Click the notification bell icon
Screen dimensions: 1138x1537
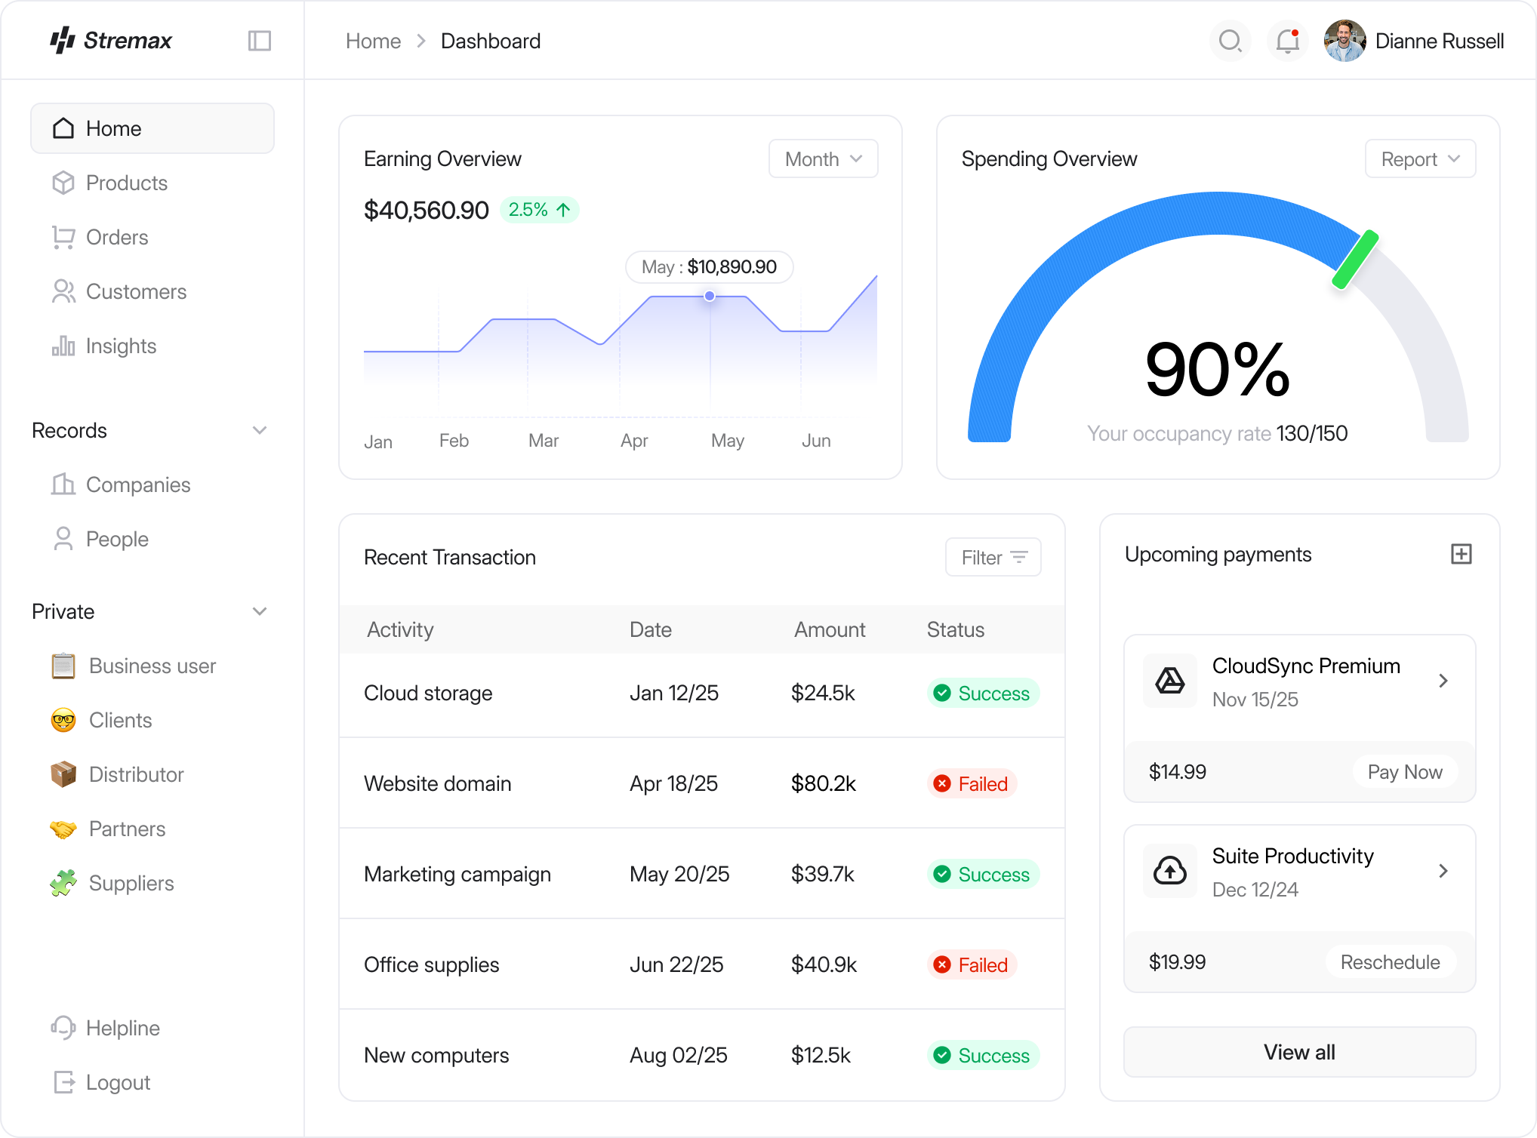(1287, 41)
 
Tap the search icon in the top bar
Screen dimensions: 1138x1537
(1230, 41)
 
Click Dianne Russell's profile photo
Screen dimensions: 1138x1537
(1344, 41)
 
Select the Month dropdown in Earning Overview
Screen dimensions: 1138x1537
(823, 159)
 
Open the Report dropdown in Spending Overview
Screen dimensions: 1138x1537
(1420, 159)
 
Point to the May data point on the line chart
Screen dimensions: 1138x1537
(710, 296)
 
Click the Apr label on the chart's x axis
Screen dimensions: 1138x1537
(634, 441)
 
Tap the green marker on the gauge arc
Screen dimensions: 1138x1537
(1355, 260)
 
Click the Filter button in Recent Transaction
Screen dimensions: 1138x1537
(993, 558)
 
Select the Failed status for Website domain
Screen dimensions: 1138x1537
(972, 784)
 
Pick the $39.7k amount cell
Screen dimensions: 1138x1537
(822, 875)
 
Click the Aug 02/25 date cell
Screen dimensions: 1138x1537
(678, 1056)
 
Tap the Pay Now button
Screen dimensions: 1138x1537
(1404, 772)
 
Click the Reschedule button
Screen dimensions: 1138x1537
(1390, 962)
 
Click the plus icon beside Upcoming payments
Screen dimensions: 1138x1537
(1462, 554)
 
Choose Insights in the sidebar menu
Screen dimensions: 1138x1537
(121, 346)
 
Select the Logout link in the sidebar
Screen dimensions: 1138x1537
(118, 1083)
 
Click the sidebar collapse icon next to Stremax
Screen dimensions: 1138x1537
(260, 41)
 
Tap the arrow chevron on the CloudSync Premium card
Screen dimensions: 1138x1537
(1443, 681)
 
